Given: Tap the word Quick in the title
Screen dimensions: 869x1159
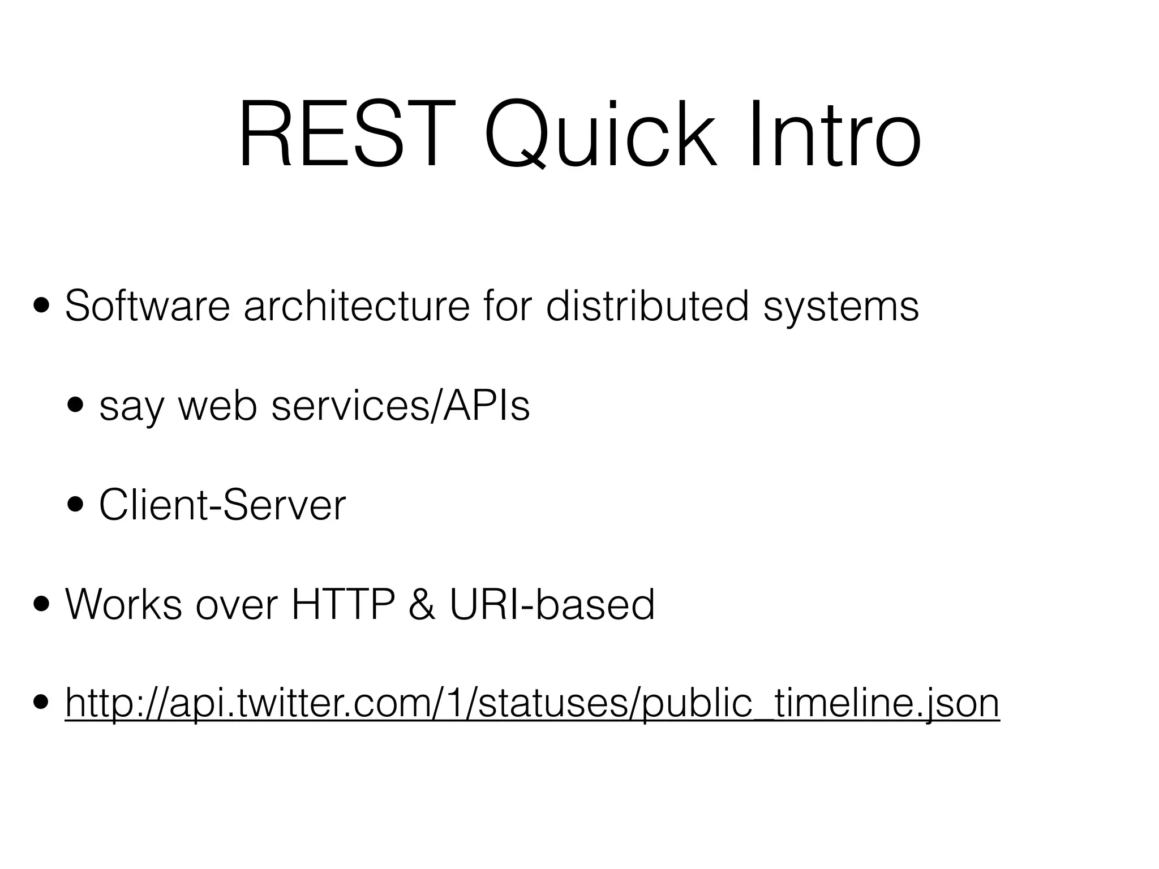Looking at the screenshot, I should tap(600, 136).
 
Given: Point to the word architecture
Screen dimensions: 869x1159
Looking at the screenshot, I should tap(357, 306).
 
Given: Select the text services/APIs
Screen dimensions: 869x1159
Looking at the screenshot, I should tap(401, 406).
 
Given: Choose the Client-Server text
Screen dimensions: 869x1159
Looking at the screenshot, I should tap(222, 505).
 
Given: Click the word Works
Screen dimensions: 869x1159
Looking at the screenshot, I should tap(123, 605).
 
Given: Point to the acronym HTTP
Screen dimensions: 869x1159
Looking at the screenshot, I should tap(342, 605).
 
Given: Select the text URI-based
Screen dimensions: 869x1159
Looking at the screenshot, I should tap(552, 605).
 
